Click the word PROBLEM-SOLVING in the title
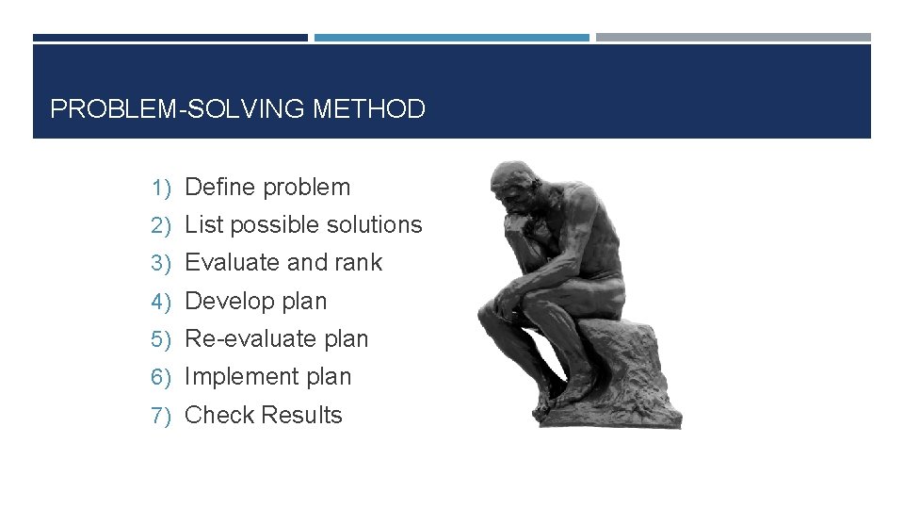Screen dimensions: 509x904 tap(178, 109)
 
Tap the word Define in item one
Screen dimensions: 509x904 tap(220, 188)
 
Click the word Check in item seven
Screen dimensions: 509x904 tap(219, 416)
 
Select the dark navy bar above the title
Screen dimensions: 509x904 tap(170, 38)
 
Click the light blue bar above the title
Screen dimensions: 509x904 tap(451, 38)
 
